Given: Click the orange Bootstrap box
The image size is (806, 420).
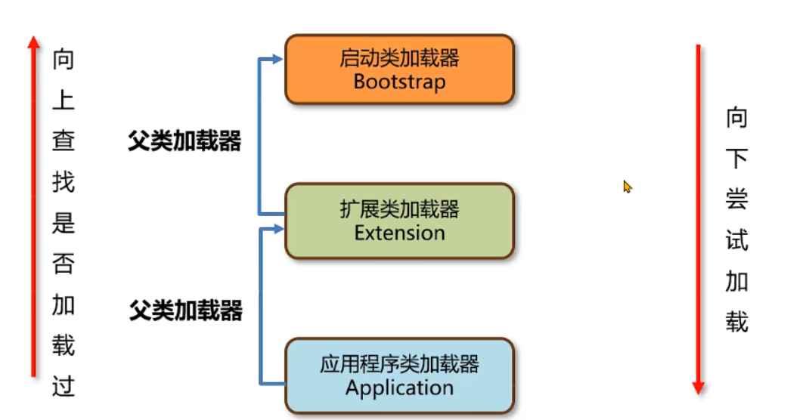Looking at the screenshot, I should click(399, 69).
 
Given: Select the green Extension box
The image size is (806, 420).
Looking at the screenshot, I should click(399, 221).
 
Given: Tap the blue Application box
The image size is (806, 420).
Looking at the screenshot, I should click(399, 376).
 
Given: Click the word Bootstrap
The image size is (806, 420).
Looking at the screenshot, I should click(399, 82).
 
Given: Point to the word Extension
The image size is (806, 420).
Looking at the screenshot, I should click(399, 233).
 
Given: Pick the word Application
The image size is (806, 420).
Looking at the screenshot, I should click(399, 388).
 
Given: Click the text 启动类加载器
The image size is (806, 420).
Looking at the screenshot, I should click(399, 58).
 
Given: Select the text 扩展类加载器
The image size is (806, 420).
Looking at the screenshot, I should click(399, 209).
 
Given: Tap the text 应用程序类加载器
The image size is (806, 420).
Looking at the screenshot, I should click(399, 365).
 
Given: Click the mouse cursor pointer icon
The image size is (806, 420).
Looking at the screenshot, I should click(627, 186).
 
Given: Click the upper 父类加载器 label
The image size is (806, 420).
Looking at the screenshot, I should click(184, 141).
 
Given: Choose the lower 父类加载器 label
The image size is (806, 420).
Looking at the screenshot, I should click(185, 310).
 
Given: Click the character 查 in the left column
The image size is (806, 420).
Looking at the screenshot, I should click(64, 141).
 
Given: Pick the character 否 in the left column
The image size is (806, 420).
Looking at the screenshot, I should click(64, 264).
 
